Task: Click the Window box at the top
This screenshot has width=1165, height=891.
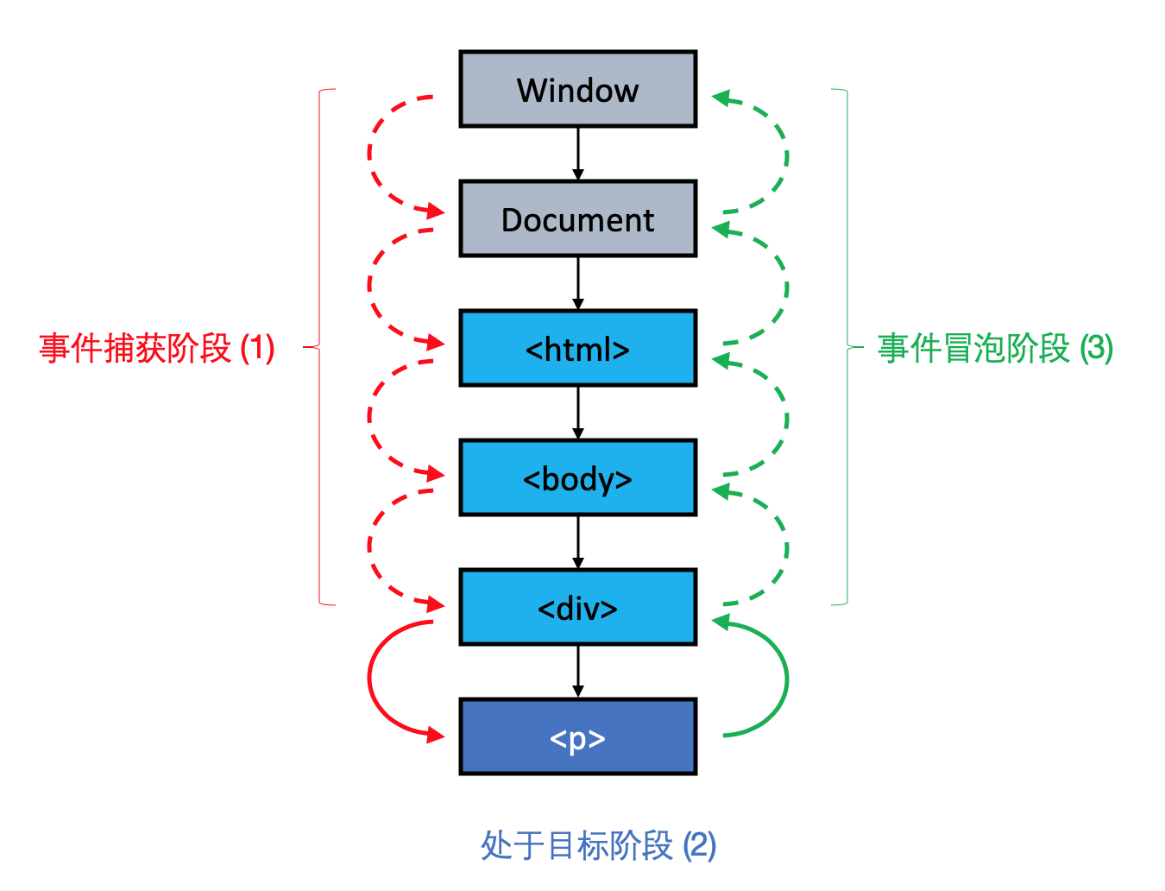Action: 577,89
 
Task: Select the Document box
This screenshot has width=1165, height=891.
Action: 577,219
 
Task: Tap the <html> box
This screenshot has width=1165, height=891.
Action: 577,349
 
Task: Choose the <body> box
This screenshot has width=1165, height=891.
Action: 577,478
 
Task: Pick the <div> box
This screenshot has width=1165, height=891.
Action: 577,608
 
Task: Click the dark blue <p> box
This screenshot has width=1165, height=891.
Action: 577,737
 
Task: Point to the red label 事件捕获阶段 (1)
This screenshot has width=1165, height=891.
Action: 157,349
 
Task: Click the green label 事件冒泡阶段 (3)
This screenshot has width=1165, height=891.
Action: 995,349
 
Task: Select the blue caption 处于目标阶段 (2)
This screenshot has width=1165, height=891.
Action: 598,845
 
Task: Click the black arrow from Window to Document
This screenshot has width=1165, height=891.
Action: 578,154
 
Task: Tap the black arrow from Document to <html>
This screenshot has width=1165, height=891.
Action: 578,283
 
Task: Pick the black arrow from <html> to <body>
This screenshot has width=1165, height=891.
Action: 578,413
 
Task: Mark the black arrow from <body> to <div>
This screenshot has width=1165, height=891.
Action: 578,542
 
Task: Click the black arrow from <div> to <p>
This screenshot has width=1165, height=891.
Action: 578,672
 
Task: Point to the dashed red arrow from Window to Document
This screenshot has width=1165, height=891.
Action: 371,155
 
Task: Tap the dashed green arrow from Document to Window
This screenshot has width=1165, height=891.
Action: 785,155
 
